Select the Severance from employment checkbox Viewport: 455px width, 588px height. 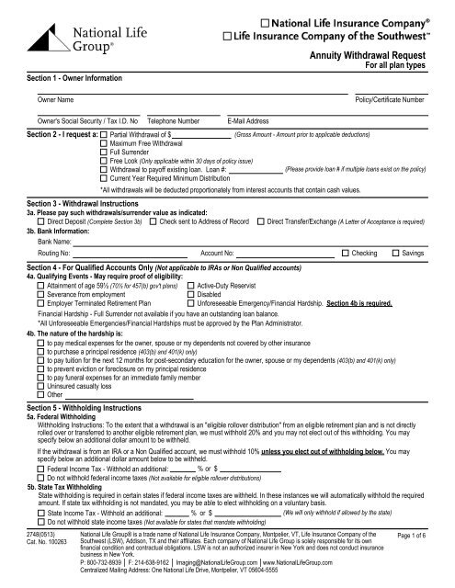[x=32, y=295]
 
